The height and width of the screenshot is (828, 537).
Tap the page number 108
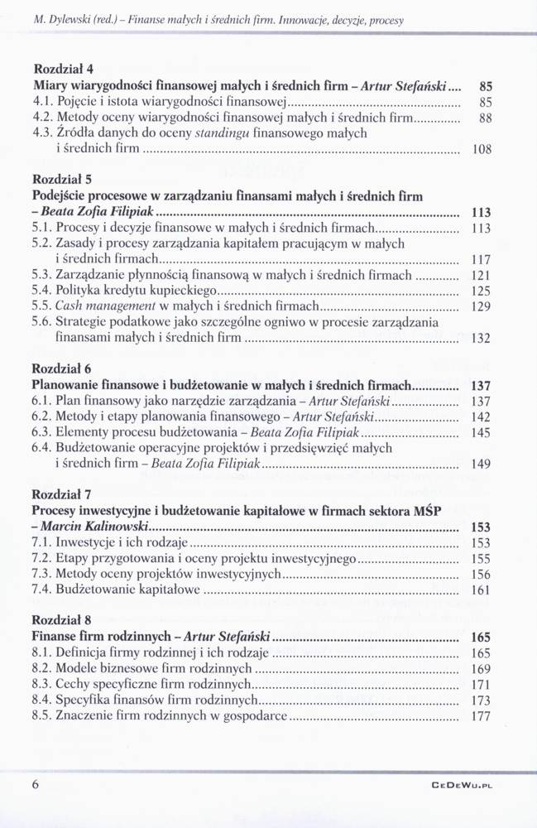point(481,150)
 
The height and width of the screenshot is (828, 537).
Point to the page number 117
point(481,259)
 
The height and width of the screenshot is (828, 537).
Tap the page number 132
point(481,338)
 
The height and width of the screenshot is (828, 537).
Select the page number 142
point(481,416)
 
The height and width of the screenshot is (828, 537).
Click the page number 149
point(481,465)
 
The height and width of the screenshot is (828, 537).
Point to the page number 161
point(481,590)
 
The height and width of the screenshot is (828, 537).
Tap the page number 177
point(481,717)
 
